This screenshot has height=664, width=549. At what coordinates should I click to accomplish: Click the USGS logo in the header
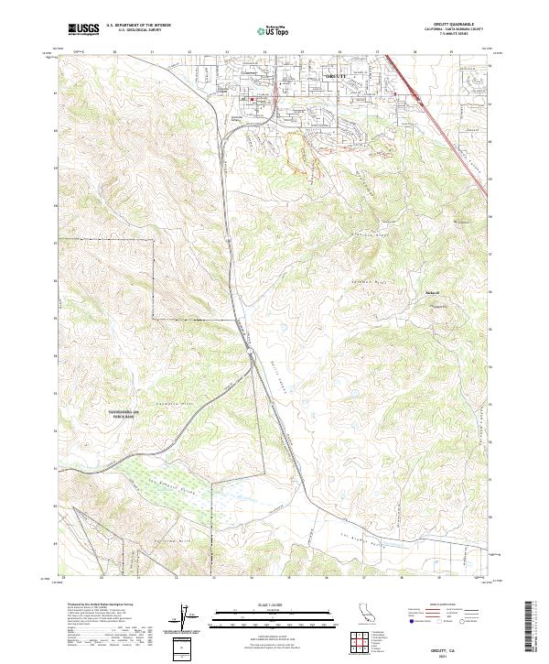83,29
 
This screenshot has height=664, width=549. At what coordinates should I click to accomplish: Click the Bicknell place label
433,292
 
